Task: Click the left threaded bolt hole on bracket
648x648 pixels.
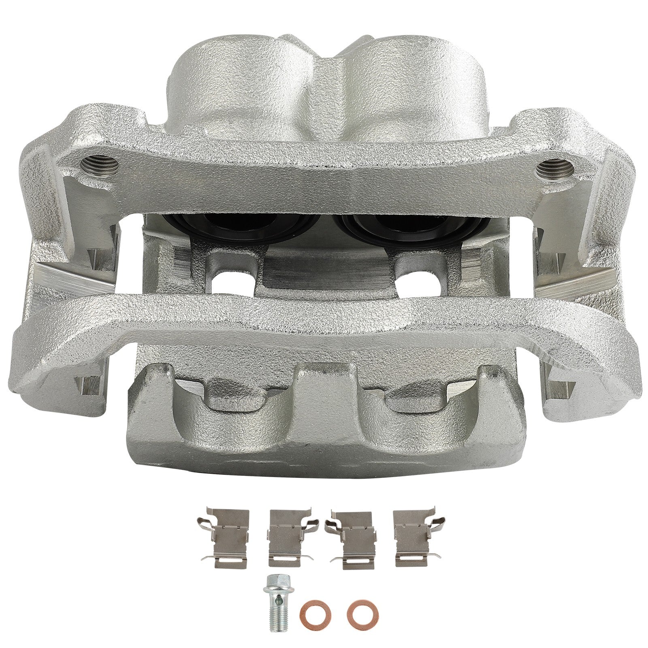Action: pos(100,163)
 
